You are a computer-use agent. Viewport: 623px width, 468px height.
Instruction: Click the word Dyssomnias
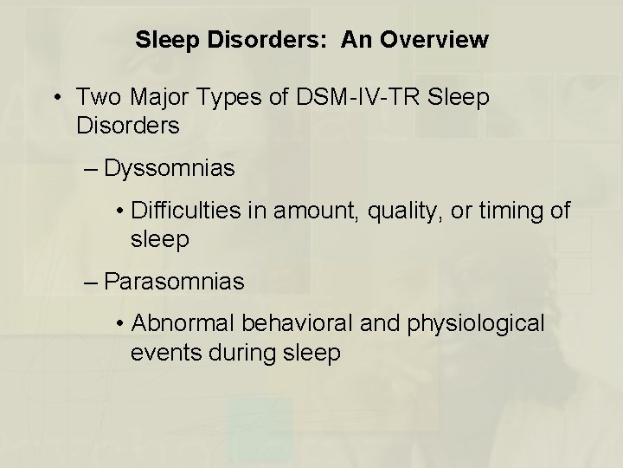pos(169,168)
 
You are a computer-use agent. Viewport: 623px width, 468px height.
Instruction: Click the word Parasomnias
pos(174,282)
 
